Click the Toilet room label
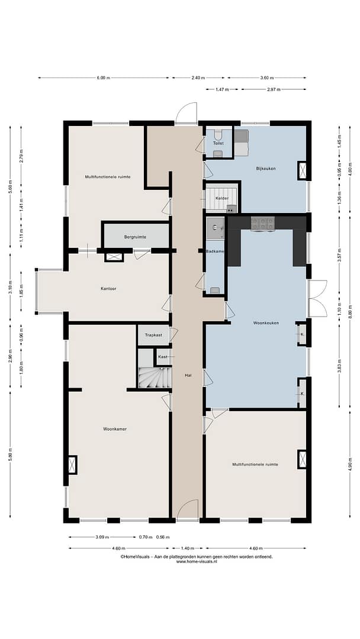tap(218, 143)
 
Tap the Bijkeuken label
tap(266, 168)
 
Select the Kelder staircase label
tap(222, 198)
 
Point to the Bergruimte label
tap(135, 237)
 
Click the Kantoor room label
tap(108, 289)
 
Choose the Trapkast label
tap(153, 335)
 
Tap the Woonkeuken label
tap(266, 323)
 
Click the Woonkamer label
tap(114, 429)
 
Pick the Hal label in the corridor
tap(188, 375)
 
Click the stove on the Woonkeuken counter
tap(262, 223)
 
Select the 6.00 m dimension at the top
tap(104, 78)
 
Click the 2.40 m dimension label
tap(198, 78)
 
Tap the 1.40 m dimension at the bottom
tap(188, 548)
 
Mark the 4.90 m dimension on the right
tap(350, 464)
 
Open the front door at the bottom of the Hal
tap(188, 509)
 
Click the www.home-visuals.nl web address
tap(197, 561)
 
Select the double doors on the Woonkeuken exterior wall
tap(317, 299)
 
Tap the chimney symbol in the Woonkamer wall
tap(72, 465)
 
